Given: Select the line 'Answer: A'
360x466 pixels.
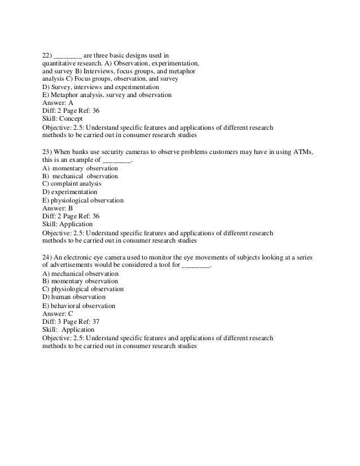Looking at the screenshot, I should [58, 104].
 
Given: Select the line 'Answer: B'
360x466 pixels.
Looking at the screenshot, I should [58, 208].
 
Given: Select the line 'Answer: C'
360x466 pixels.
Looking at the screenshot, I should [58, 314].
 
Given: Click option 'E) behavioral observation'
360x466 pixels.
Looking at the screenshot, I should [78, 306].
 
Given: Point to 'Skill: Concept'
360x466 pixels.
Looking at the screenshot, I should [63, 120].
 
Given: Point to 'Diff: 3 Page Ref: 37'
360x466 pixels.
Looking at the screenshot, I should [71, 322].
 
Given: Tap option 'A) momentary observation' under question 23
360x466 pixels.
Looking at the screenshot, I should [80, 168].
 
